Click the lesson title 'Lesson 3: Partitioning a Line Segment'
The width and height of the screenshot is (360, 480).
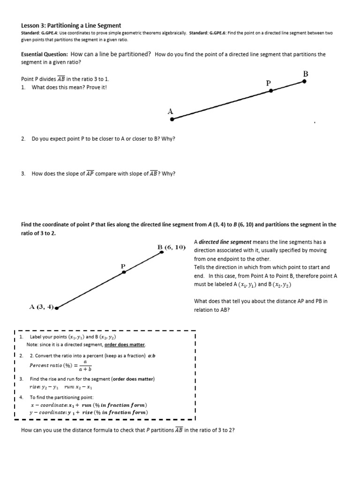(x=71, y=25)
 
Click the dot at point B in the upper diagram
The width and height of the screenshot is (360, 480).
(x=304, y=81)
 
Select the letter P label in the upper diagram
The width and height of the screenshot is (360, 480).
(x=268, y=83)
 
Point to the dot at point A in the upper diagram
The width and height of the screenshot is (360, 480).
(x=172, y=119)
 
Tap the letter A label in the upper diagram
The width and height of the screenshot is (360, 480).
(x=170, y=111)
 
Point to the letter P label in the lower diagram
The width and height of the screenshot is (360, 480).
(x=123, y=266)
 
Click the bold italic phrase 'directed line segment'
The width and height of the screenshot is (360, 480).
(x=225, y=242)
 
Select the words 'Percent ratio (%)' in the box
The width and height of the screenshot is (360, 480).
(x=51, y=365)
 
